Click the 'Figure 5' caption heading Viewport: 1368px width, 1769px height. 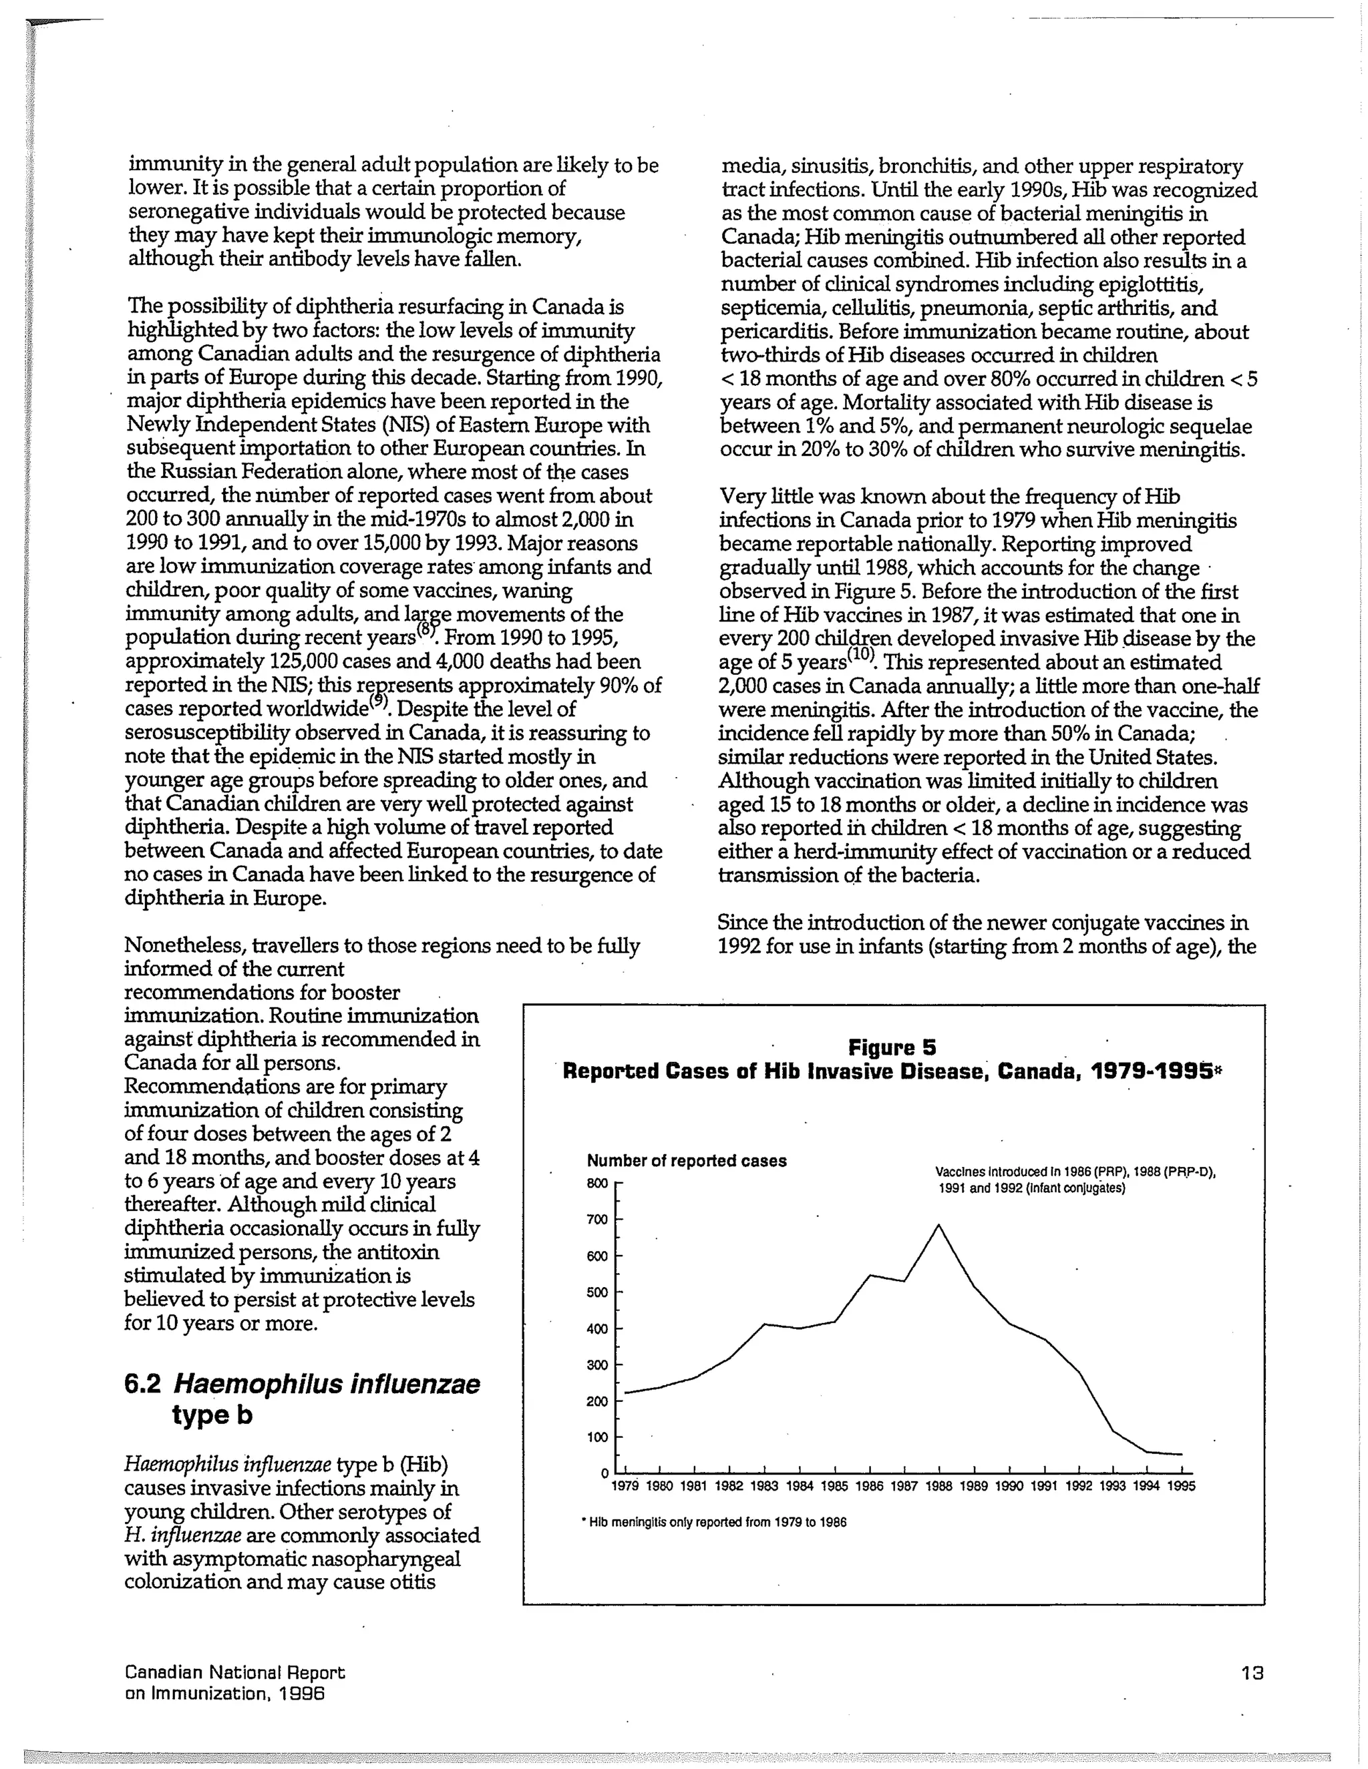click(892, 1048)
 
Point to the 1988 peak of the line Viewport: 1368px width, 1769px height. click(938, 1225)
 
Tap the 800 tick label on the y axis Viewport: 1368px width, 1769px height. click(596, 1184)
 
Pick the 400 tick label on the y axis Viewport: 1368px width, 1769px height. click(596, 1329)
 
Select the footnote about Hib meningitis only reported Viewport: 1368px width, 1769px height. click(714, 1523)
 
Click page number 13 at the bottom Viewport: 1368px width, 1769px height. click(1252, 1673)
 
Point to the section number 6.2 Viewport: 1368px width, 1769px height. click(142, 1384)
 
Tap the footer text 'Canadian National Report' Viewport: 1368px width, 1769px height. click(235, 1672)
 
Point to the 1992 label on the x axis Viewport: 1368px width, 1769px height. click(1078, 1487)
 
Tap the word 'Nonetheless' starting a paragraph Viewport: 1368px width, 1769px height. click(185, 945)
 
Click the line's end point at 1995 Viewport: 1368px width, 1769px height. click(1182, 1454)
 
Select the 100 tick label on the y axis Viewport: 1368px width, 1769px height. click(596, 1439)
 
